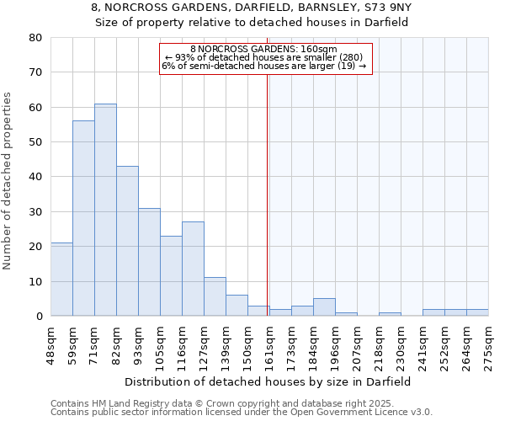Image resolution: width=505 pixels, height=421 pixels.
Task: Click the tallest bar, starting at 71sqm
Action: click(x=105, y=210)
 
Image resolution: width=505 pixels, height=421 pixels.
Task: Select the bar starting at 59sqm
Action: click(x=83, y=218)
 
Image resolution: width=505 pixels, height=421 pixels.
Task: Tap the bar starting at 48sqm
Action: click(x=61, y=279)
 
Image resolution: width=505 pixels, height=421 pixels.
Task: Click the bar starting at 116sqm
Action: click(x=193, y=269)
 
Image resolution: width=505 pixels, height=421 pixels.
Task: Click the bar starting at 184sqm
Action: click(x=324, y=307)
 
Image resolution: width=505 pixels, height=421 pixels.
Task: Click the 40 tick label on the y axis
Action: click(x=35, y=177)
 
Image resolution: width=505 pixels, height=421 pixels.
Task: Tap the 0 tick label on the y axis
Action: click(x=39, y=317)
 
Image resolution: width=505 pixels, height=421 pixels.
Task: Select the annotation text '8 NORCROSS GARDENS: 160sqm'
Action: click(x=263, y=49)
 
